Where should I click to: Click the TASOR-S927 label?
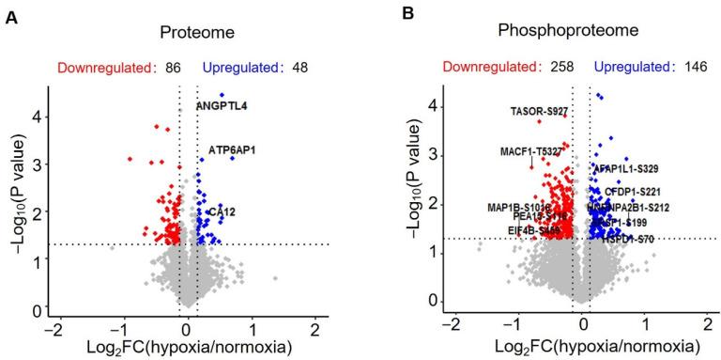click(539, 111)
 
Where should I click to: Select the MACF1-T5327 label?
click(531, 150)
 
